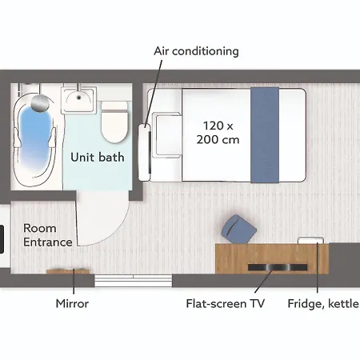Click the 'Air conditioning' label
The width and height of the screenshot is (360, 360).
click(x=196, y=51)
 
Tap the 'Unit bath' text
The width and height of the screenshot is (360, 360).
click(x=98, y=157)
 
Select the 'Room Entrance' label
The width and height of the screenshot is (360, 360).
click(x=47, y=235)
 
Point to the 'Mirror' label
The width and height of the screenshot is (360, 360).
click(x=72, y=303)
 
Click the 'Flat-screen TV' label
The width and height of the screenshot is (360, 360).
click(x=226, y=303)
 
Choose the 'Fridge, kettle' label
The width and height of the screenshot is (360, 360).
click(x=323, y=304)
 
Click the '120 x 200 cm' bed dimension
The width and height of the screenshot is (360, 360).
click(x=218, y=133)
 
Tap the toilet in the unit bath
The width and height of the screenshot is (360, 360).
click(x=114, y=122)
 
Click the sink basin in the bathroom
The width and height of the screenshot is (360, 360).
click(x=78, y=99)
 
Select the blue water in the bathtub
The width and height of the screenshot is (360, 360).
click(x=35, y=138)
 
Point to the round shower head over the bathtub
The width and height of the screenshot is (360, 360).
click(x=39, y=102)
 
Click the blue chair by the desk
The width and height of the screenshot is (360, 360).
click(x=238, y=229)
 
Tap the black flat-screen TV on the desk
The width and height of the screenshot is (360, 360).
click(x=278, y=267)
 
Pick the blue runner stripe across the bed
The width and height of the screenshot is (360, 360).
click(x=265, y=135)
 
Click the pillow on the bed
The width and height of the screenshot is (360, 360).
click(x=168, y=135)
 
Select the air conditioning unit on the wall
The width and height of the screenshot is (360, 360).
click(x=145, y=153)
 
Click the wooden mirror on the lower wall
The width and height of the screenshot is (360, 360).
click(x=68, y=271)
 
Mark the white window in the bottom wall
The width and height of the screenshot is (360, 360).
click(x=134, y=281)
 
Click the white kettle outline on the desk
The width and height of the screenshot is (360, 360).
click(x=311, y=240)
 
